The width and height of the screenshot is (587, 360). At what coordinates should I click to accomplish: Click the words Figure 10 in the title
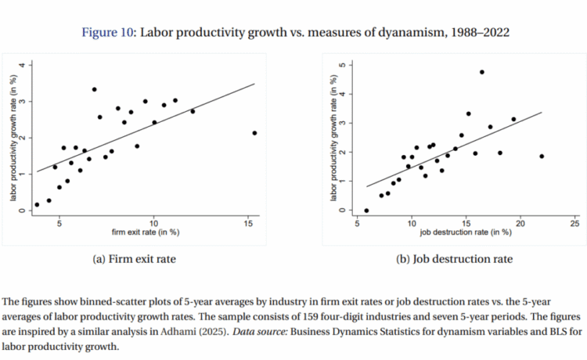(x=106, y=32)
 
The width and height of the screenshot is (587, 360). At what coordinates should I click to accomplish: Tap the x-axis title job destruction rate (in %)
(x=466, y=232)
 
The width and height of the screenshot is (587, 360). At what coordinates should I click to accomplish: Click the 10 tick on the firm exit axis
(x=154, y=223)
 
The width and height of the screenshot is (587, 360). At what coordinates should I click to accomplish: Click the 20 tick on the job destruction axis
(x=520, y=223)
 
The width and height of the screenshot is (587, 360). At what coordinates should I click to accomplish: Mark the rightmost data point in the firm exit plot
(x=255, y=133)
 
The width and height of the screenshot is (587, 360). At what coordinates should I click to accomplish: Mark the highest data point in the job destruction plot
(x=482, y=72)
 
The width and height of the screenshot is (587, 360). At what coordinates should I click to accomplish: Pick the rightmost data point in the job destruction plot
(x=542, y=157)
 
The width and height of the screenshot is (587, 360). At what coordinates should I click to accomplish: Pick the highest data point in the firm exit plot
(x=94, y=89)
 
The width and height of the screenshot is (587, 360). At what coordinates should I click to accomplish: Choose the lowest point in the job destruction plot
(x=366, y=211)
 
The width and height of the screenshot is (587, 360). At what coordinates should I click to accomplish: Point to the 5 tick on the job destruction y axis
(x=343, y=65)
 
